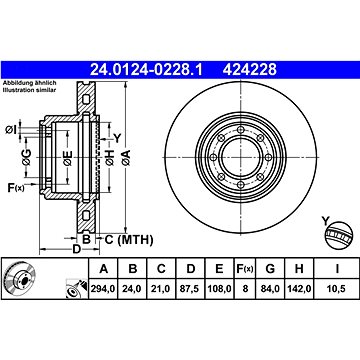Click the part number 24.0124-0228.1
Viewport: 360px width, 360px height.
pyautogui.click(x=146, y=70)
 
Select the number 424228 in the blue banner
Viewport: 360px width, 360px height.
pyautogui.click(x=250, y=70)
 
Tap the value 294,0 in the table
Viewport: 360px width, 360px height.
pyautogui.click(x=103, y=289)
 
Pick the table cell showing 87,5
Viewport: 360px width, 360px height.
pyautogui.click(x=190, y=289)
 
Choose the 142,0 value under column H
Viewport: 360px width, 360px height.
pyautogui.click(x=299, y=289)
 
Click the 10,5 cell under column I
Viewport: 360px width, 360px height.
pyautogui.click(x=337, y=289)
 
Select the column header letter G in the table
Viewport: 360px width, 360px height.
pyautogui.click(x=270, y=268)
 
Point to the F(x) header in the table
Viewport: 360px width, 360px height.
pyautogui.click(x=245, y=268)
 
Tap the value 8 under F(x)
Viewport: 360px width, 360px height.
pyautogui.click(x=245, y=289)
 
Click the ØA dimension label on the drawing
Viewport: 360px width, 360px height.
pyautogui.click(x=126, y=157)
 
